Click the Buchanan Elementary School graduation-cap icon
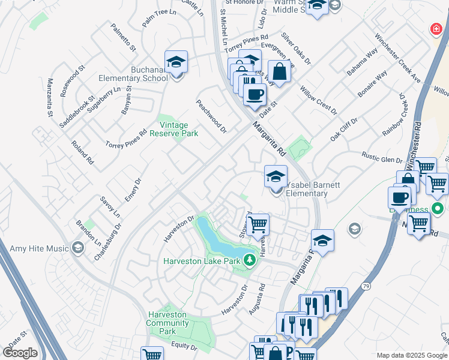[x=176, y=62]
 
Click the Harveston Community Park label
[x=167, y=323]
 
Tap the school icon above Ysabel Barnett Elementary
[x=276, y=177]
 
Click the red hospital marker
[x=436, y=29]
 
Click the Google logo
[x=20, y=353]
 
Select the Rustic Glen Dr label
[x=382, y=157]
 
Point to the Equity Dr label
[x=184, y=346]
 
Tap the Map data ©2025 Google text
[x=411, y=355]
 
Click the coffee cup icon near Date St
[x=255, y=94]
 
